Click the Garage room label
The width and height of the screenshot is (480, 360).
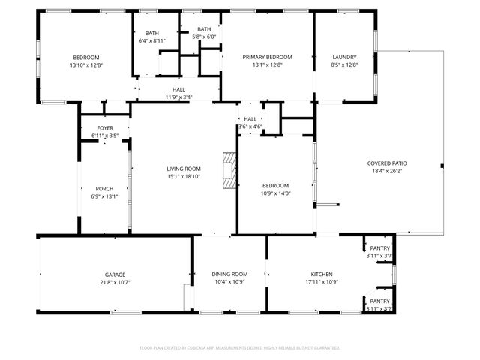pyautogui.click(x=115, y=274)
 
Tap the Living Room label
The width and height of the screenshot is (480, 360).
pyautogui.click(x=184, y=169)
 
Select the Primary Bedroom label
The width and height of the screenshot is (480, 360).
pyautogui.click(x=267, y=57)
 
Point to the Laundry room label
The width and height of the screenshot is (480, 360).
pyautogui.click(x=344, y=57)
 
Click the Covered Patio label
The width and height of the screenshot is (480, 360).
pyautogui.click(x=387, y=163)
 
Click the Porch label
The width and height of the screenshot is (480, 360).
pyautogui.click(x=104, y=188)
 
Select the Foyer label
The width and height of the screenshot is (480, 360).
pyautogui.click(x=105, y=128)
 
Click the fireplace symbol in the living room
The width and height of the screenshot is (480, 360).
pyautogui.click(x=228, y=169)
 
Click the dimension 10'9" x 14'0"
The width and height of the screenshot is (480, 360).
pyautogui.click(x=275, y=193)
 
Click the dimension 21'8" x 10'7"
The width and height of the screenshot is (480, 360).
pyautogui.click(x=115, y=282)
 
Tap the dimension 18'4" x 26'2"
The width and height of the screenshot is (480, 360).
pyautogui.click(x=387, y=171)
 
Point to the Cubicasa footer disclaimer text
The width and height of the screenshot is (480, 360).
pyautogui.click(x=240, y=348)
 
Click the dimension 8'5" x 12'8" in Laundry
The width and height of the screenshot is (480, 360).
pyautogui.click(x=344, y=64)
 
